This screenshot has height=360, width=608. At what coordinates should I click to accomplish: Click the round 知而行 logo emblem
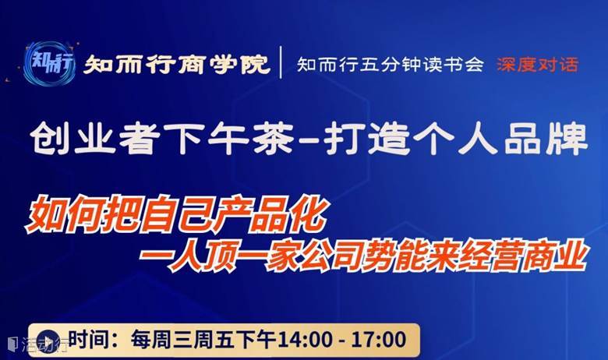click(49, 63)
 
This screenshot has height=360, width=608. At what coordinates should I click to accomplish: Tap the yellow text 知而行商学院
click(176, 64)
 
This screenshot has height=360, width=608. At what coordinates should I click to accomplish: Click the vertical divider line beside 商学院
click(281, 62)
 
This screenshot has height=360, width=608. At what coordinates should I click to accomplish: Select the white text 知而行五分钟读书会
click(391, 65)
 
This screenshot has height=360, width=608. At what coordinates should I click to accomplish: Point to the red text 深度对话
click(537, 65)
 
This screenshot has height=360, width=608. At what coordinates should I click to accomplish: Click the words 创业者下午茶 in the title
click(161, 139)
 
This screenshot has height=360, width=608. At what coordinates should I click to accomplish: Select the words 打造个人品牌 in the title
click(456, 139)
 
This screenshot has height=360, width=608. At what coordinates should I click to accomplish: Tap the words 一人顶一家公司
click(250, 256)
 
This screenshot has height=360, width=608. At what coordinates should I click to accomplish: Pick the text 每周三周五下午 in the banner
click(203, 340)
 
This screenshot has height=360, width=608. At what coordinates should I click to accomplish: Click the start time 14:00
click(305, 340)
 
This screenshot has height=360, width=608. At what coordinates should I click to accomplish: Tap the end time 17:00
click(378, 340)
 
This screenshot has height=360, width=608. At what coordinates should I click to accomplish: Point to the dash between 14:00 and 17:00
click(341, 341)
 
